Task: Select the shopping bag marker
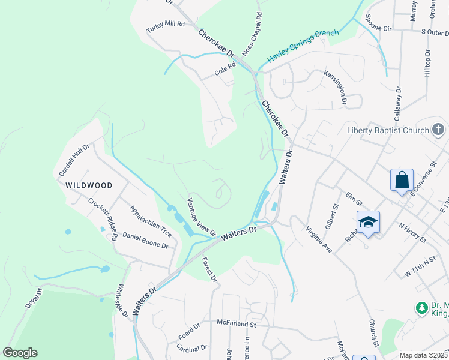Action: click(x=402, y=179)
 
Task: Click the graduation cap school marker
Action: click(x=368, y=222)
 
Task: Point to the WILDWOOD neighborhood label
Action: click(x=89, y=185)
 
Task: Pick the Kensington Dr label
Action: click(x=336, y=87)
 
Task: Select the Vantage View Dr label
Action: click(x=201, y=216)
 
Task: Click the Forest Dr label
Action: click(x=209, y=269)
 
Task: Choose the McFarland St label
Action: click(x=237, y=323)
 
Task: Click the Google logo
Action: click(x=20, y=353)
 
